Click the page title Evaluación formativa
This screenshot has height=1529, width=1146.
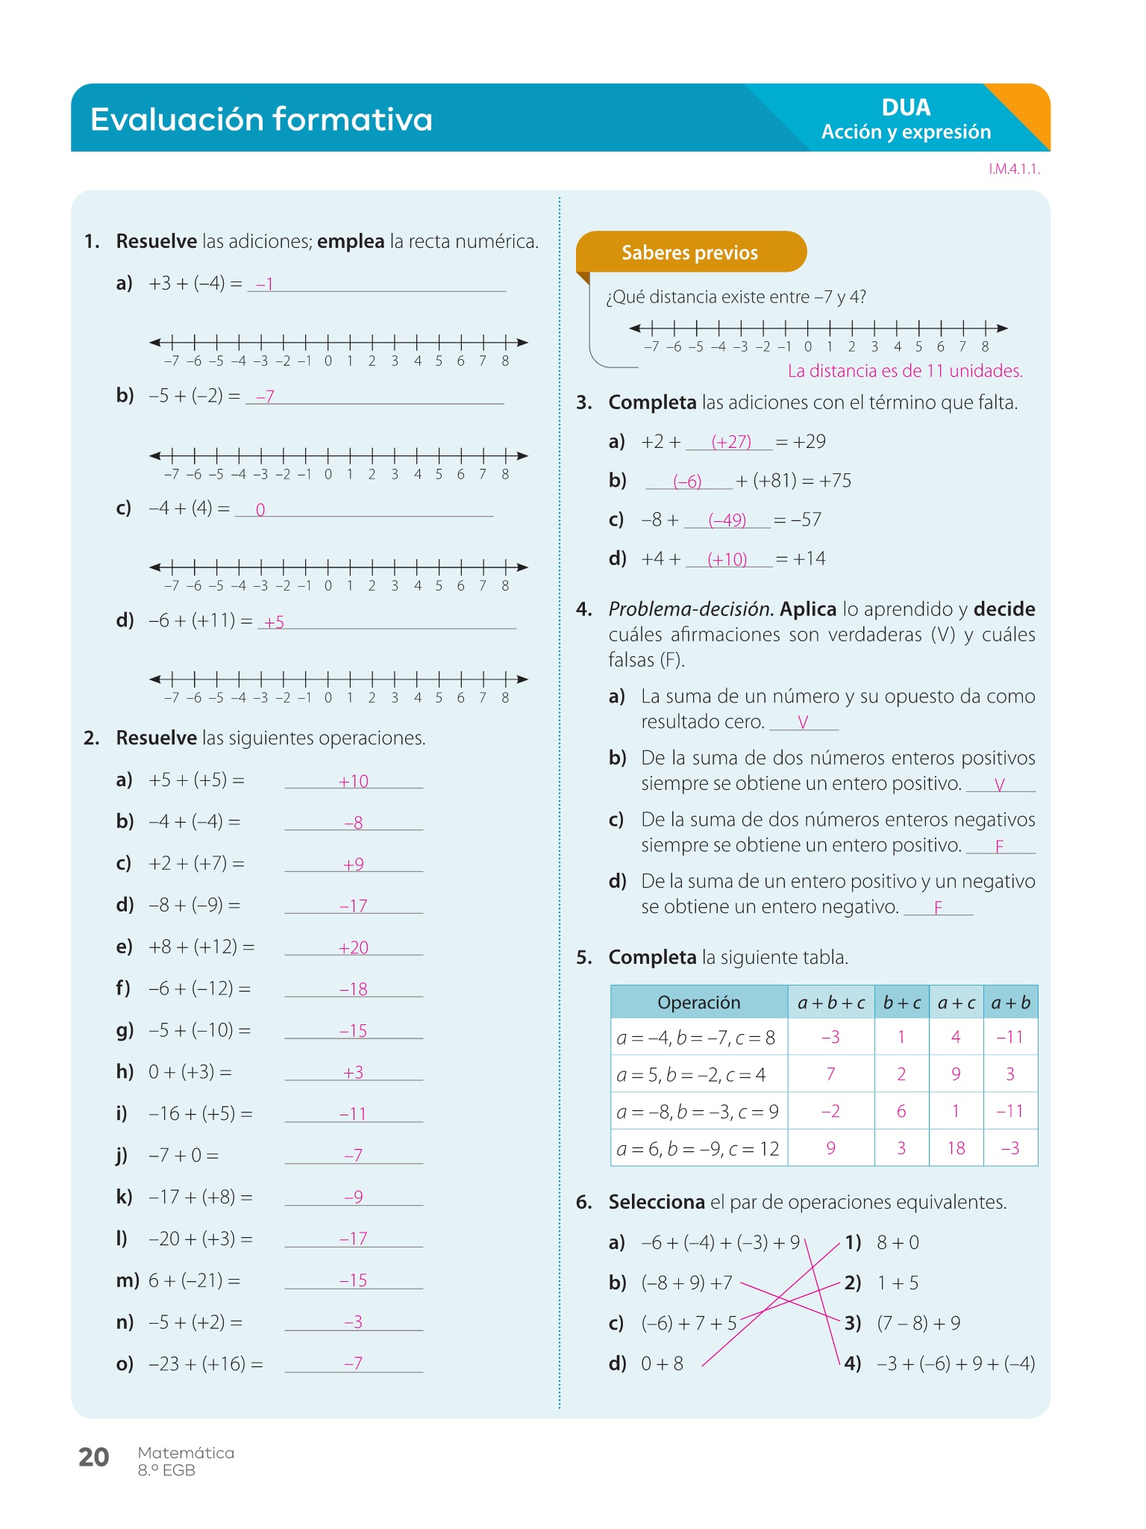[x=261, y=119]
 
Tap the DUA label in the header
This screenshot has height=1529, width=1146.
[x=906, y=108]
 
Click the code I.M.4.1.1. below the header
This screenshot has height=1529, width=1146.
[x=1014, y=169]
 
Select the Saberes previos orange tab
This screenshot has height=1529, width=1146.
[x=690, y=252]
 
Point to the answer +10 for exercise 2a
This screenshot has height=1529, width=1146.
[x=354, y=781]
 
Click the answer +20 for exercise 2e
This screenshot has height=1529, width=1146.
[x=354, y=947]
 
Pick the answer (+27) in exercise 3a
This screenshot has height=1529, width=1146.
[x=731, y=441]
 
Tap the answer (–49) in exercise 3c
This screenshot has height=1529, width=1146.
[x=727, y=520]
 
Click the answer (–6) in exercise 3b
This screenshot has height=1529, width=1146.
[x=688, y=482]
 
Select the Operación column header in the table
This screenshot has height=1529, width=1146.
[x=699, y=1002]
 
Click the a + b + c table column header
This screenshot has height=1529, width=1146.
[x=831, y=1002]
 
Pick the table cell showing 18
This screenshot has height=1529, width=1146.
[x=956, y=1147]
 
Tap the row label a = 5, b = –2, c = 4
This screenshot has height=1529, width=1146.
[x=691, y=1074]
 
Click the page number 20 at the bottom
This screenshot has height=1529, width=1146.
[x=94, y=1457]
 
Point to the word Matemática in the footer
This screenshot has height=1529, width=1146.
[x=186, y=1452]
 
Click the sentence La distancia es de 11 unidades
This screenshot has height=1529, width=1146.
[x=905, y=371]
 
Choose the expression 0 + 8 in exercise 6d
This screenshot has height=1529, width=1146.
[x=663, y=1363]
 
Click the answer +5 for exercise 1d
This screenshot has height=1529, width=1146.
[x=275, y=622]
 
